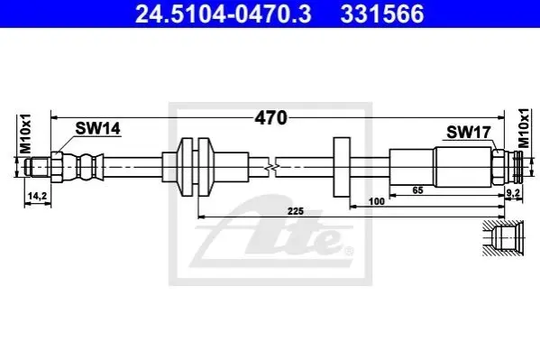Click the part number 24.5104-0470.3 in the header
click(224, 14)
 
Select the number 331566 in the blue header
click(382, 14)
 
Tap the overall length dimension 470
click(270, 118)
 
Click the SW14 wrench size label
click(97, 129)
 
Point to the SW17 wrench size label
click(468, 132)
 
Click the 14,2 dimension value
click(37, 196)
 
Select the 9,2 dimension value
click(513, 193)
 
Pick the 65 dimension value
click(417, 190)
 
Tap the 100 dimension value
click(377, 201)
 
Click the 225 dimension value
click(296, 211)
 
